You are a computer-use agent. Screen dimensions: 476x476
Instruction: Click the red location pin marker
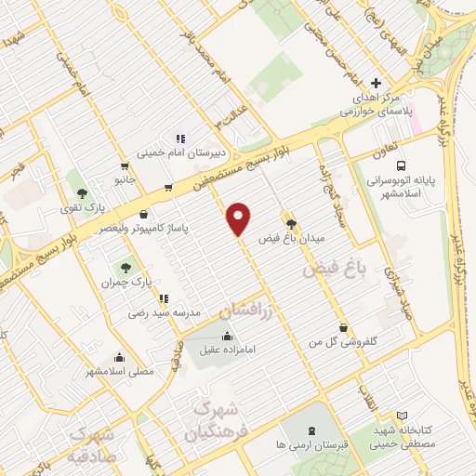point(240,218)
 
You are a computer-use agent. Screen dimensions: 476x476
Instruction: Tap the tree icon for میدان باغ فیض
point(292,223)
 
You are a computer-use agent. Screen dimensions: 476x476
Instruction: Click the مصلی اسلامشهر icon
point(119,356)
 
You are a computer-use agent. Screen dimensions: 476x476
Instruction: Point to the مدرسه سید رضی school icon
point(164,299)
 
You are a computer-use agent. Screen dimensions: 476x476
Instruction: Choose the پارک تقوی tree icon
point(82,192)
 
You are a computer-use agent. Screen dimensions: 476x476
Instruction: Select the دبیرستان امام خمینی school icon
point(180,139)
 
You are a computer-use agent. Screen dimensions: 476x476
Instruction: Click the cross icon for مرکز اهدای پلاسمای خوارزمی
point(376,83)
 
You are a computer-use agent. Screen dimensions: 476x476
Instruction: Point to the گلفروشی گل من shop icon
point(345,327)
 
